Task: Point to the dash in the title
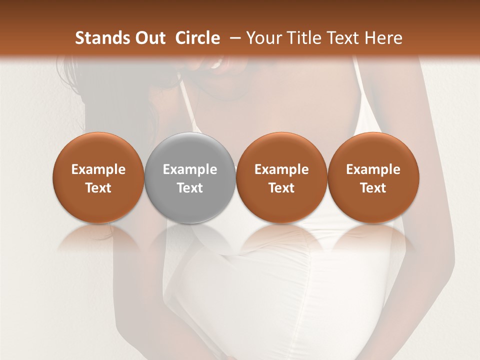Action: [x=233, y=38]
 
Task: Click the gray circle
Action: [x=190, y=150]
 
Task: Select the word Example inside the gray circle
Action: [x=190, y=169]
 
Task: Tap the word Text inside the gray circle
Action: [x=190, y=188]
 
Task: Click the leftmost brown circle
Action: [x=98, y=150]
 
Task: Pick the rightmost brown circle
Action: [x=373, y=150]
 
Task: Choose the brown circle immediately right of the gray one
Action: [x=281, y=150]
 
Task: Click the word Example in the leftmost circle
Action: [x=98, y=169]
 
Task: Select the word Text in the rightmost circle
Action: [x=373, y=188]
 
